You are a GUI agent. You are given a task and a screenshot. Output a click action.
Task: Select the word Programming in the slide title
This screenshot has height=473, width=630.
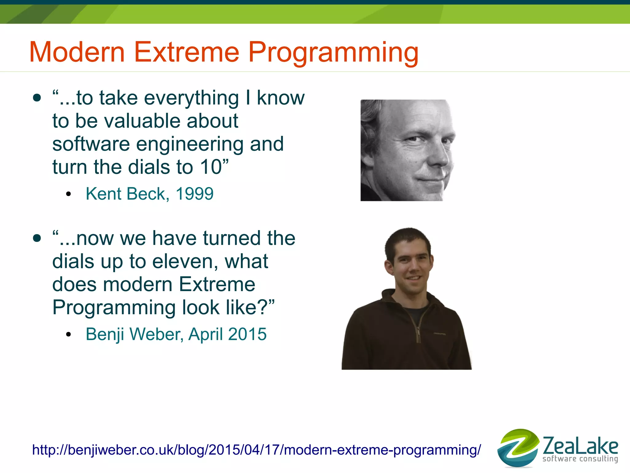(x=333, y=53)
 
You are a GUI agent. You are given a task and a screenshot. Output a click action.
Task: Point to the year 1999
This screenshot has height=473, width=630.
(x=194, y=194)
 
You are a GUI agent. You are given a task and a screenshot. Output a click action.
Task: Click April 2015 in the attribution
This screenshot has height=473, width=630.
(x=227, y=334)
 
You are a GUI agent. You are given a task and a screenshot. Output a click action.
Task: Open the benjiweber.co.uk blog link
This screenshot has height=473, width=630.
(x=256, y=450)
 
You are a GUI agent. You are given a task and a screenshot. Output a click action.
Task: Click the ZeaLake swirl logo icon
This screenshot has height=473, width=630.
(x=518, y=448)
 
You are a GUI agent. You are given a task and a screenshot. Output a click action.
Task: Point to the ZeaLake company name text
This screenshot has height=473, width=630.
(x=580, y=445)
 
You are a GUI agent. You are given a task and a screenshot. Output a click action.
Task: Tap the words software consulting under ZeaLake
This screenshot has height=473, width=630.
(x=580, y=459)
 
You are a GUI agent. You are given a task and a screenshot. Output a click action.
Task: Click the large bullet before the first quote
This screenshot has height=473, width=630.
(x=37, y=98)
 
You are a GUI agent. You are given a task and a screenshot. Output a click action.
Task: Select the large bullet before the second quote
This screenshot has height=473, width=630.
(x=37, y=239)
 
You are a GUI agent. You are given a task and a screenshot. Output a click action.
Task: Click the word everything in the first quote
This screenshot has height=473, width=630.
(x=191, y=98)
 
